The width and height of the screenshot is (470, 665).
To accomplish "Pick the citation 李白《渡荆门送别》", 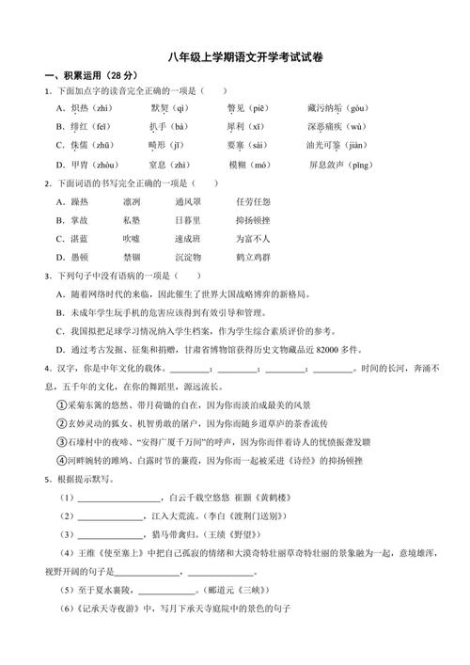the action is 250,516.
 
